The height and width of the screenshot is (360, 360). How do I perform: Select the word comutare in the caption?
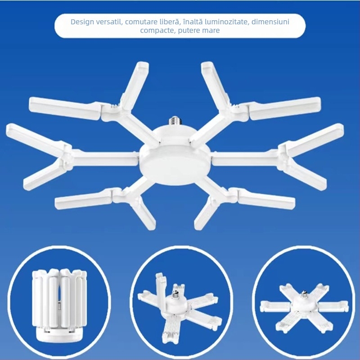click(145, 22)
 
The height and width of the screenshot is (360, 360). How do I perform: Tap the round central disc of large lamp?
click(174, 155)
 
